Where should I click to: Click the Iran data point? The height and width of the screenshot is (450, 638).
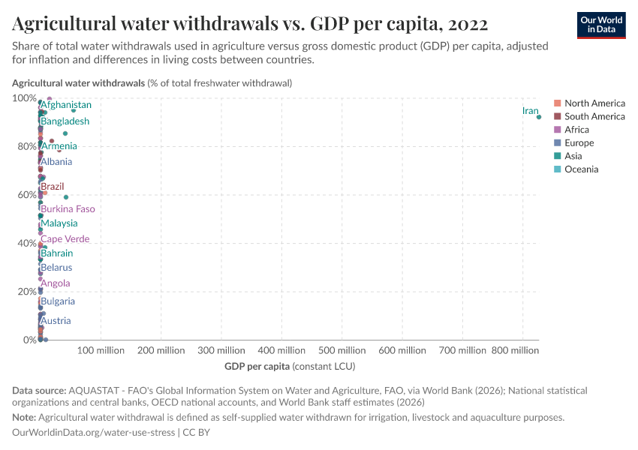(539, 117)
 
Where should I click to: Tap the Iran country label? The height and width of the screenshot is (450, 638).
(530, 111)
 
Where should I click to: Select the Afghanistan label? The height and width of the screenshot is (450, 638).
(66, 105)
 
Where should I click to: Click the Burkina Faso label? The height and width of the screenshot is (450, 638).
(68, 209)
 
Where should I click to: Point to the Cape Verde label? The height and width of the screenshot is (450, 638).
(65, 239)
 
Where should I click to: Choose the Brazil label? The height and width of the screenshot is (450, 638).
(53, 186)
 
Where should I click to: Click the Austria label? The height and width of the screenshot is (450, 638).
(56, 321)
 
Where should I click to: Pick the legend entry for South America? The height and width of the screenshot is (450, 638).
(594, 116)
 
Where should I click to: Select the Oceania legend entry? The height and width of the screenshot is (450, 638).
(581, 169)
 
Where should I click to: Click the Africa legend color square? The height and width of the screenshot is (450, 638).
(557, 130)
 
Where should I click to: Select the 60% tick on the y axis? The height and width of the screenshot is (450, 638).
(25, 195)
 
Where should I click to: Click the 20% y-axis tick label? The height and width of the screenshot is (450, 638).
(25, 292)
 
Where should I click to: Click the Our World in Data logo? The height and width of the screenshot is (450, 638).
(601, 25)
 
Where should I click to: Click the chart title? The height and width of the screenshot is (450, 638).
(249, 24)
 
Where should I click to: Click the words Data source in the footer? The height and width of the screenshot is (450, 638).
(39, 391)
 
